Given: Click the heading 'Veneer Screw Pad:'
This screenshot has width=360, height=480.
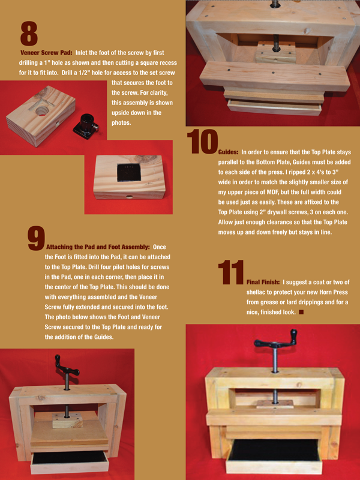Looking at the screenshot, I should (46, 53).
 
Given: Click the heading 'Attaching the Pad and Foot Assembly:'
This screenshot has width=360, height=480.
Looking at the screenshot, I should (98, 247).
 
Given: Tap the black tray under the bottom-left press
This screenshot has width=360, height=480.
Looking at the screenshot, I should (70, 459).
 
